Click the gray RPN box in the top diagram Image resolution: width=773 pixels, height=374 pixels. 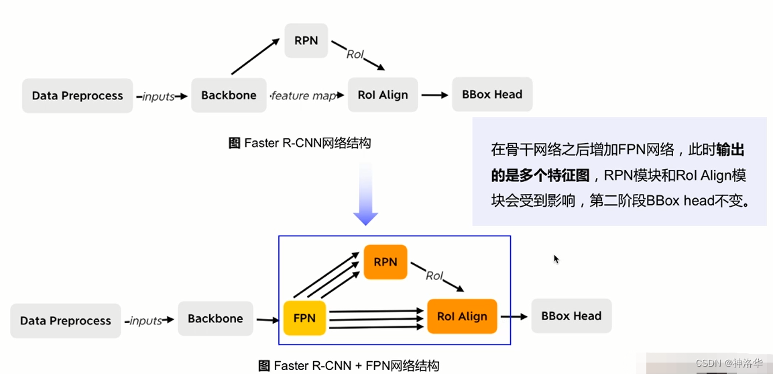pos(306,40)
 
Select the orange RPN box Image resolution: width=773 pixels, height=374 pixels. pos(385,262)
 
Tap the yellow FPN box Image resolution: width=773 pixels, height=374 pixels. pos(304,318)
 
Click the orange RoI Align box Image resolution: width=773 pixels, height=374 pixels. pos(462,316)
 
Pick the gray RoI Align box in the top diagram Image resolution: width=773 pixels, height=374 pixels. pos(383,95)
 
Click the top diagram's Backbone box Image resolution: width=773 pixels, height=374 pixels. pos(229,95)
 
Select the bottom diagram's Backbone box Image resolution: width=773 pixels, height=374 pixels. pos(215,318)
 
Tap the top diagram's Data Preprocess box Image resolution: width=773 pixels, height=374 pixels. pos(77,95)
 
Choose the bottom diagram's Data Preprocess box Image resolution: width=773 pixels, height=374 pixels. pos(66,320)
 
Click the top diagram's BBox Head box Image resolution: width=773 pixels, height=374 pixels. pos(492,94)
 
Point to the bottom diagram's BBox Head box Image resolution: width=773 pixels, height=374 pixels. pos(571,316)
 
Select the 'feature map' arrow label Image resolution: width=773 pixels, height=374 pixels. pos(304,96)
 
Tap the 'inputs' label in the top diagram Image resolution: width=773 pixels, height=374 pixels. pos(159,97)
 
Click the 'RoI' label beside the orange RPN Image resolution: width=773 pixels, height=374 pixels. pos(434,275)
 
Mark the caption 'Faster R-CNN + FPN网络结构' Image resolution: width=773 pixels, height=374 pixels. pos(349,366)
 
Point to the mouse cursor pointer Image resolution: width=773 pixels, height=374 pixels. pos(556,259)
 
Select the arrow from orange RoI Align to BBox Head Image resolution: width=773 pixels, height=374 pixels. pos(514,316)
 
